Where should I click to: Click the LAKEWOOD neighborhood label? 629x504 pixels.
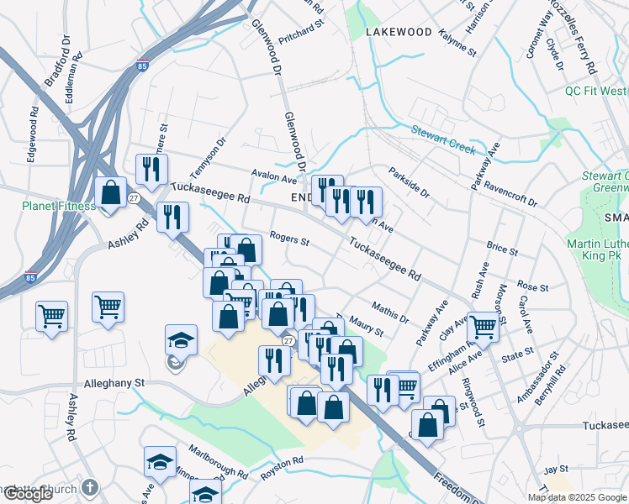tap(399, 32)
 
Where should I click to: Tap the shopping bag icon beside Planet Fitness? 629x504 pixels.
tap(110, 192)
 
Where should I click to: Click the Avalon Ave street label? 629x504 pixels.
tap(274, 178)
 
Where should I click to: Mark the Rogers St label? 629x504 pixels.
tap(290, 239)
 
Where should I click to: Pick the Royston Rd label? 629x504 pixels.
tap(281, 465)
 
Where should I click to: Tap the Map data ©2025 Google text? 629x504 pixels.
tap(576, 497)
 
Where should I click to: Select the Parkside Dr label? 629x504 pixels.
tap(409, 183)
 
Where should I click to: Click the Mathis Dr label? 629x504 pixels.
tap(389, 312)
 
